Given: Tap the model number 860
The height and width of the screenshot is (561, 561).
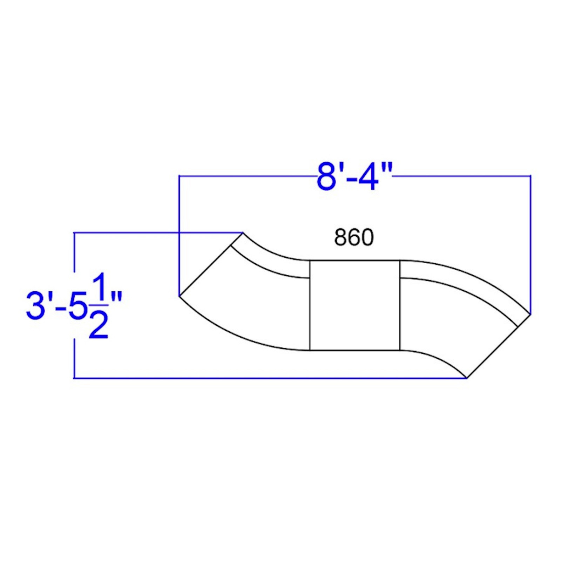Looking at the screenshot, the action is [x=354, y=237].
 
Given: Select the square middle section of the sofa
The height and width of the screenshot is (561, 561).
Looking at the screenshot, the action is [x=355, y=305].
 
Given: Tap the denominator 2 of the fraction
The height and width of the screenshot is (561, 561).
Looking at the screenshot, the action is [x=99, y=325].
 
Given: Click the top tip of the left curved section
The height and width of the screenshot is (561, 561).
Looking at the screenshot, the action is [x=243, y=232].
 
